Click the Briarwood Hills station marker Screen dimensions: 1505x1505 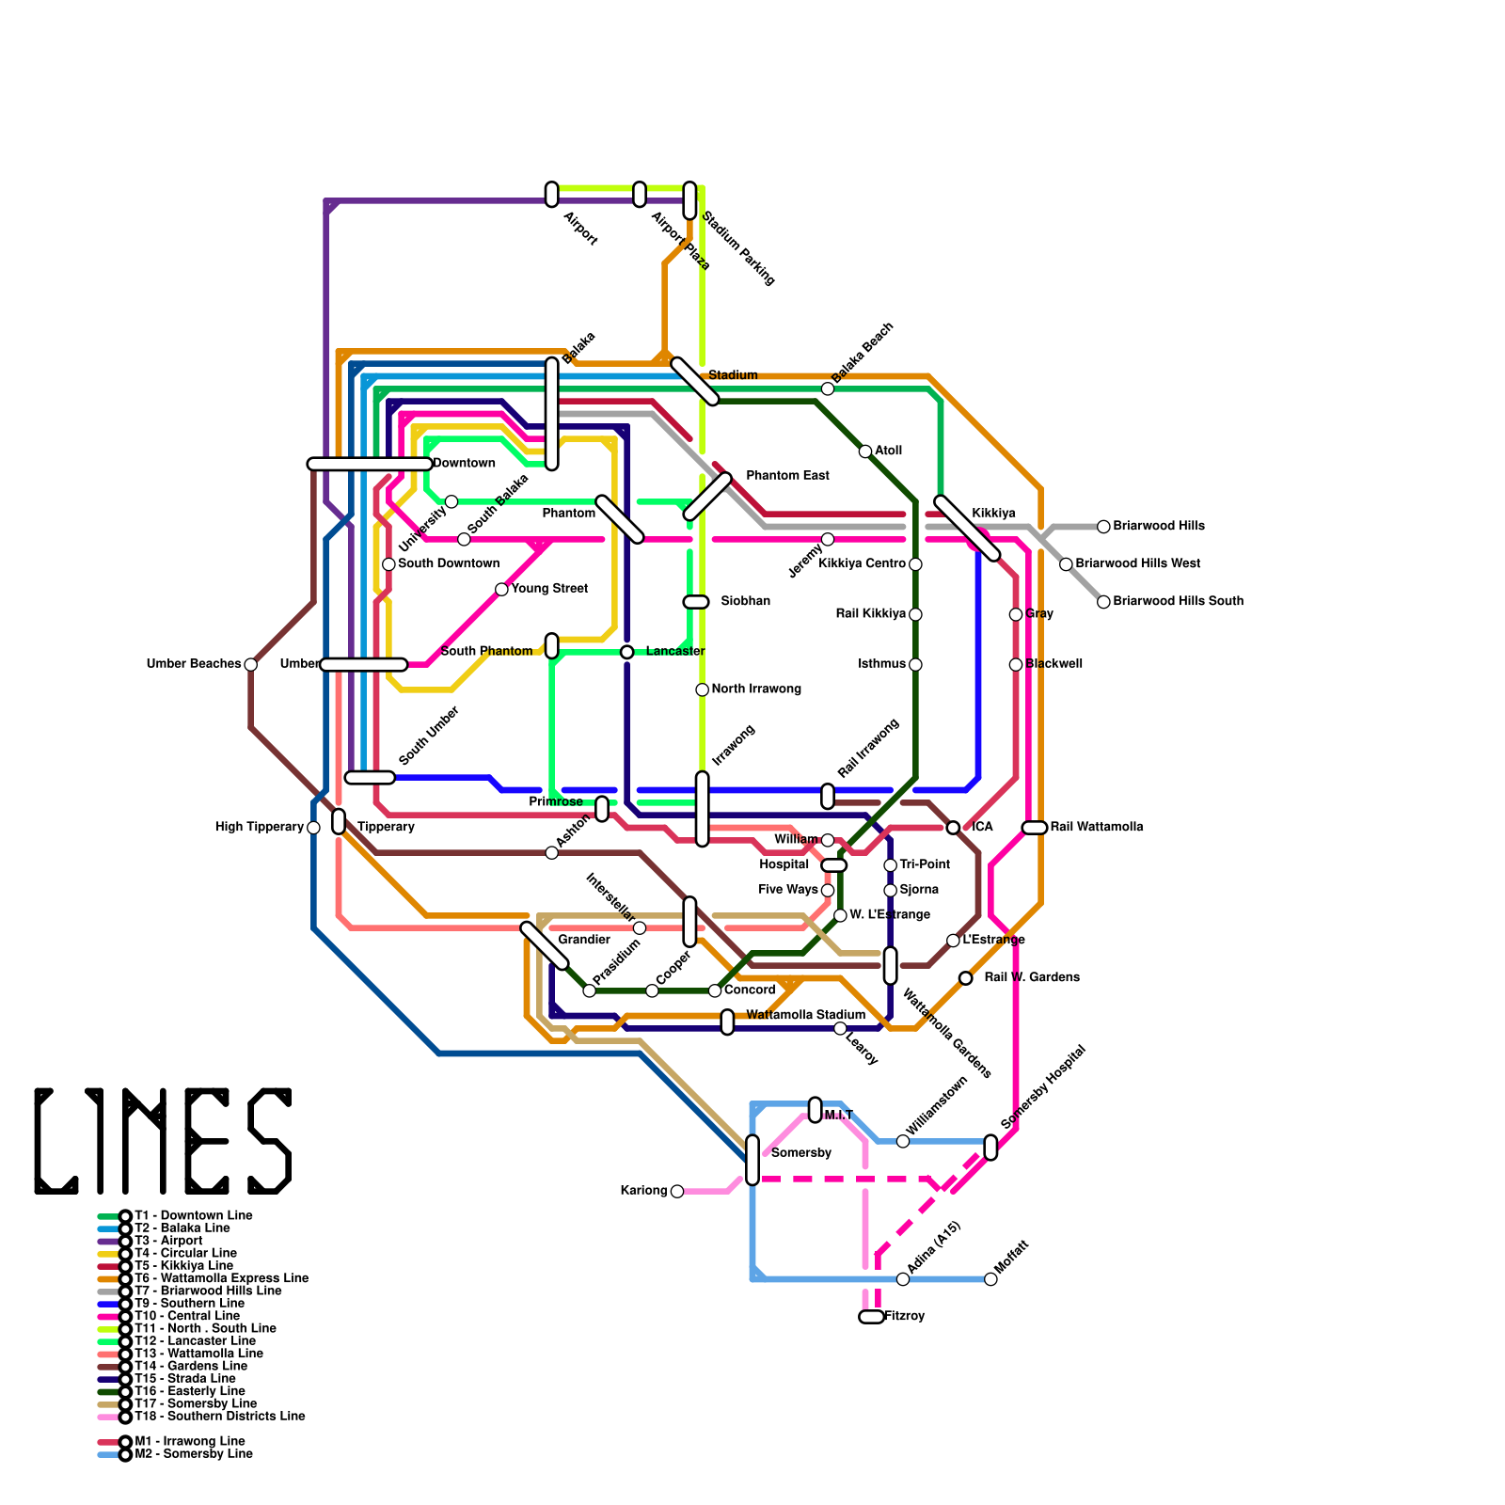click(x=1103, y=527)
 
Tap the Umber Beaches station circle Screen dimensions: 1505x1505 click(x=250, y=665)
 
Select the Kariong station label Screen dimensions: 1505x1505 click(x=643, y=1191)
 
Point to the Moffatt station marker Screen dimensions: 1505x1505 click(x=990, y=1279)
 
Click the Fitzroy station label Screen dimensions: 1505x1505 click(x=906, y=1316)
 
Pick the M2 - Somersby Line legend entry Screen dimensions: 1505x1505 click(x=192, y=1454)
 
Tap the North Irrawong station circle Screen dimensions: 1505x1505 click(x=702, y=690)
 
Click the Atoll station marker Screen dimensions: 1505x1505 click(x=865, y=451)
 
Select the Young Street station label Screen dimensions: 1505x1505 click(x=549, y=589)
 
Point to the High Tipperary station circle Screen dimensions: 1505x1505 click(x=313, y=828)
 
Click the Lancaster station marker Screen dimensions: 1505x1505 click(x=626, y=652)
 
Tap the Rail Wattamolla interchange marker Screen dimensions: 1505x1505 click(x=1034, y=828)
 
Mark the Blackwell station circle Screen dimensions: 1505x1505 click(x=1016, y=665)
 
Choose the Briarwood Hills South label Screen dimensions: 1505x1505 click(x=1178, y=601)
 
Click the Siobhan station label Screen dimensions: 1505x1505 click(x=745, y=601)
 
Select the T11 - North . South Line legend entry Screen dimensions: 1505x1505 click(x=204, y=1328)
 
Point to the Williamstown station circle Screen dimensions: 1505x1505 click(x=903, y=1141)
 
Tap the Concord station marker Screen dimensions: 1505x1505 click(x=715, y=990)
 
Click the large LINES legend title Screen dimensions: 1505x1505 click(x=163, y=1141)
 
